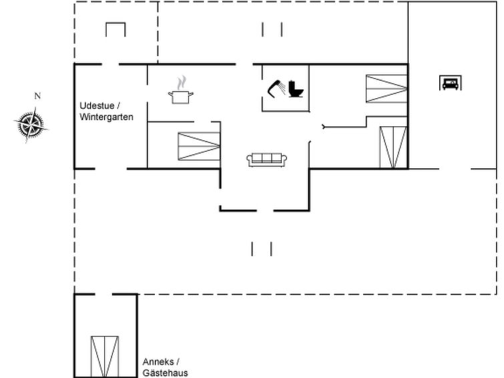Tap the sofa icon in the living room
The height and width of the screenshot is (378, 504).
[x=267, y=160]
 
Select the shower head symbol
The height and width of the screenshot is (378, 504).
[x=276, y=88]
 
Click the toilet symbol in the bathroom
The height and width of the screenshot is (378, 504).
[x=296, y=89]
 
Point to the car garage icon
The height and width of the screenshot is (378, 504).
[x=451, y=83]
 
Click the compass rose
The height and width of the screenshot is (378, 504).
[x=31, y=124]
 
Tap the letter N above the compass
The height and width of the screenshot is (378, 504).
[x=37, y=96]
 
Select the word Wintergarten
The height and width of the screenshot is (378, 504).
[x=106, y=117]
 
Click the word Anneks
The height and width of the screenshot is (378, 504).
[x=158, y=361]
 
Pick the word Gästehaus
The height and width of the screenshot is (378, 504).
[x=165, y=373]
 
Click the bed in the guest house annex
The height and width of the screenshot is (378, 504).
[x=105, y=357]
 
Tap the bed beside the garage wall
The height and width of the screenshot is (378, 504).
[x=393, y=147]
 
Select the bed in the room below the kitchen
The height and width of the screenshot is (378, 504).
[x=199, y=146]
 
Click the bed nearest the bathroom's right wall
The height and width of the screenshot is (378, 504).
[x=387, y=89]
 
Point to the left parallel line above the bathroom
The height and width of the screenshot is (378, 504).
[x=262, y=29]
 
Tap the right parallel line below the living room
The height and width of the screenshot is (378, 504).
[x=271, y=249]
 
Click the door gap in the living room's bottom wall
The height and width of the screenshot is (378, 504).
[x=265, y=211]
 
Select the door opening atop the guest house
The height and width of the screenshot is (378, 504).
[x=103, y=294]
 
